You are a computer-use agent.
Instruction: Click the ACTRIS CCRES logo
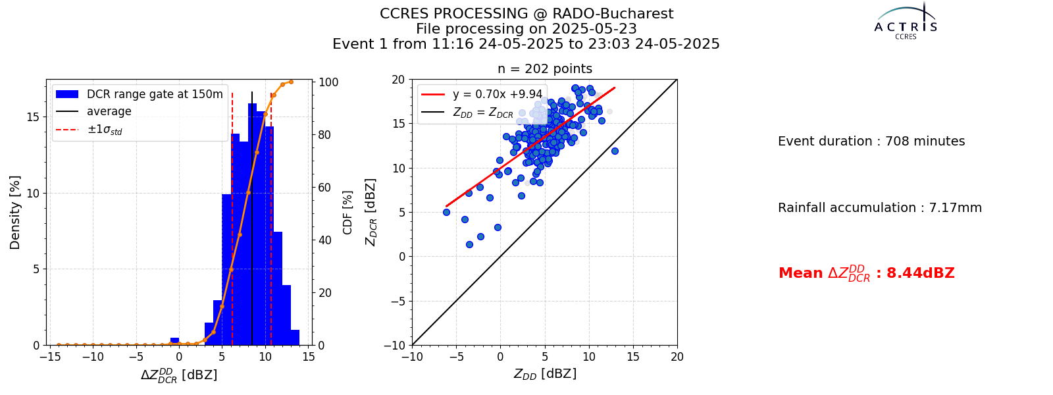[x=906, y=22]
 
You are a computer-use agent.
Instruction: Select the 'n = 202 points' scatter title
[x=545, y=69]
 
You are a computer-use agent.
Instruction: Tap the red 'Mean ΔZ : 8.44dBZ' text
[x=866, y=273]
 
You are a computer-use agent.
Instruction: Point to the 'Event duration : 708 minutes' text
[x=871, y=141]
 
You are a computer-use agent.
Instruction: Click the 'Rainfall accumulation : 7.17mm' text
[x=879, y=207]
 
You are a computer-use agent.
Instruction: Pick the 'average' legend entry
[x=93, y=111]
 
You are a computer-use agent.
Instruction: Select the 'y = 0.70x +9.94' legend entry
[x=482, y=94]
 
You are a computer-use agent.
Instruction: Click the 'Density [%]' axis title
[x=15, y=213]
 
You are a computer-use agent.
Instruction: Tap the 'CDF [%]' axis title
[x=347, y=213]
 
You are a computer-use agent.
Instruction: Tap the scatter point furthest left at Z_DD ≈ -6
[x=447, y=213]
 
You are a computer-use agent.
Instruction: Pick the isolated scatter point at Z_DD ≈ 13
[x=615, y=151]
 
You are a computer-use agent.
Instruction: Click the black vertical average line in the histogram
[x=252, y=219]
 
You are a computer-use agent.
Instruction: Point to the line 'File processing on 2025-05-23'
[x=526, y=29]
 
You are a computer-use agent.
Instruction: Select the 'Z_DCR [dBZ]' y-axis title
[x=371, y=213]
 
